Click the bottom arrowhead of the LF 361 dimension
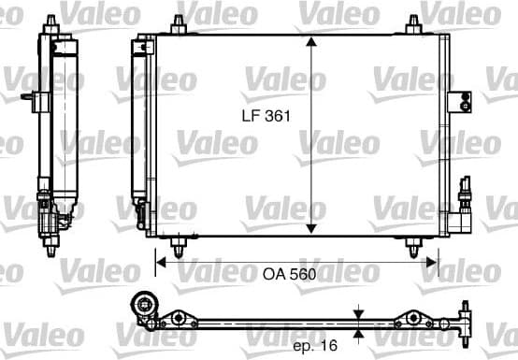(311, 230)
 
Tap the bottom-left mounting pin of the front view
(178, 245)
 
